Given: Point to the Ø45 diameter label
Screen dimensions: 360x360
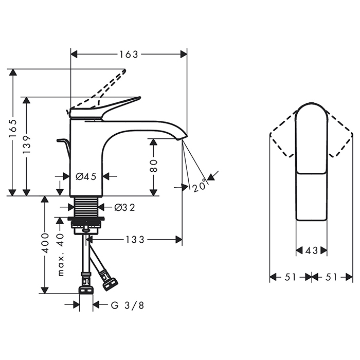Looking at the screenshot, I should point(86,177).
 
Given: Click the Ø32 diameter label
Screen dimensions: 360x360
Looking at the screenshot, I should point(124,207).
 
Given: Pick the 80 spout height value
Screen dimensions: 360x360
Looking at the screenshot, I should point(153,165).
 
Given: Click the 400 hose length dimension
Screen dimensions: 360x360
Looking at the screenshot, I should point(45,243).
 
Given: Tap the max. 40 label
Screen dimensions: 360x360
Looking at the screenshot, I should point(60,255).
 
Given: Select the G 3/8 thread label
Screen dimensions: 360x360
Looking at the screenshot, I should point(128,305).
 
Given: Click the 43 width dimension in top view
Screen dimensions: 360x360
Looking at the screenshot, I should point(312,250).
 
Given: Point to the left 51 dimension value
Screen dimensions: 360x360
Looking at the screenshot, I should point(291,277).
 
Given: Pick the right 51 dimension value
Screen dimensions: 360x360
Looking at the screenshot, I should point(332,277).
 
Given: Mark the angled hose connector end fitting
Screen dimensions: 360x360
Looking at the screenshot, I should point(110,281).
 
